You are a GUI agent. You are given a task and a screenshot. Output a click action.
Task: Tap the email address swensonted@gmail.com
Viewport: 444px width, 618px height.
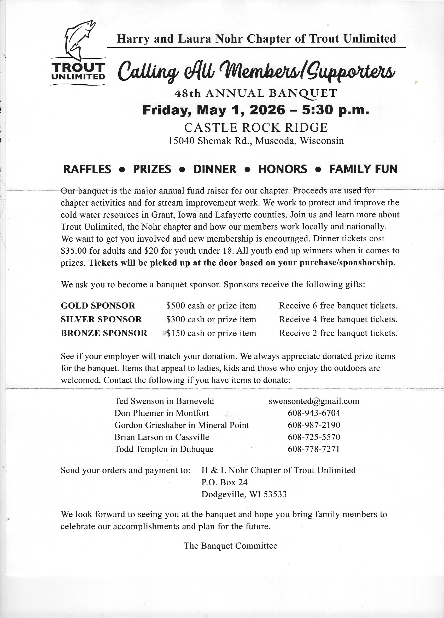tap(314, 401)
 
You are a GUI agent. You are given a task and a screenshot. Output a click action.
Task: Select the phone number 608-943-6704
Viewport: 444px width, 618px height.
tap(314, 413)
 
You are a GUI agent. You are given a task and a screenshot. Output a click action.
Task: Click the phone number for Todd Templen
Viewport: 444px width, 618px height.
tap(314, 449)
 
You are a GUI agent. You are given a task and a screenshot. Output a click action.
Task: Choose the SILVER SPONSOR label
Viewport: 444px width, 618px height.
tap(101, 319)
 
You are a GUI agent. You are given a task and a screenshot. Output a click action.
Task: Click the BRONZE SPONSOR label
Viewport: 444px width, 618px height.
tap(104, 333)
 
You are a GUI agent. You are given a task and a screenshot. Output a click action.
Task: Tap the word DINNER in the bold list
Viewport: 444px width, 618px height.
tap(215, 169)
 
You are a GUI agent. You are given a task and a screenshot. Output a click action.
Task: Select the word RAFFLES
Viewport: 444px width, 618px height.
tap(87, 169)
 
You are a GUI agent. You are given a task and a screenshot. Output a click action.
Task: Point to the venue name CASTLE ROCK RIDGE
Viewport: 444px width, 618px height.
tap(256, 127)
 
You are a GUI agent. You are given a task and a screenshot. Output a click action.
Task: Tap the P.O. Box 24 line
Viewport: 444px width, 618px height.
tap(224, 482)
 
